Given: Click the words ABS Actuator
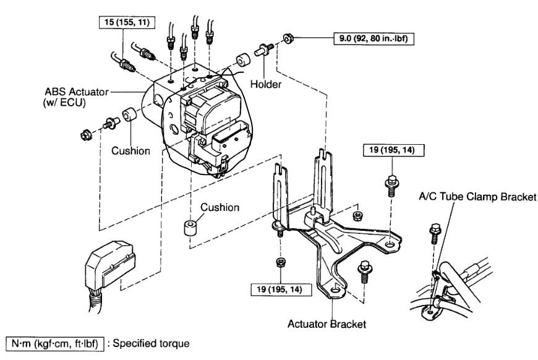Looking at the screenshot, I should [x=70, y=92].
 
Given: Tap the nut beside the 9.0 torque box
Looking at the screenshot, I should [x=288, y=38].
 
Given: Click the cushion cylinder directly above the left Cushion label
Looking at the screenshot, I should [x=129, y=116].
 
